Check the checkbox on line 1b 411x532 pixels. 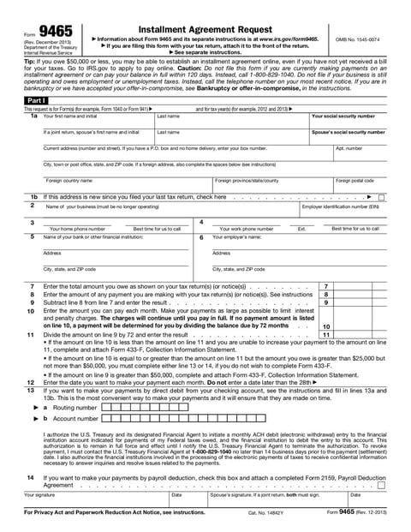click(x=380, y=197)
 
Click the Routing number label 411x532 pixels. click(x=75, y=408)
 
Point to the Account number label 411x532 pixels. click(x=75, y=418)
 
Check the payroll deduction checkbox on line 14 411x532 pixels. click(x=381, y=485)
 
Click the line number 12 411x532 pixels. click(x=31, y=382)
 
